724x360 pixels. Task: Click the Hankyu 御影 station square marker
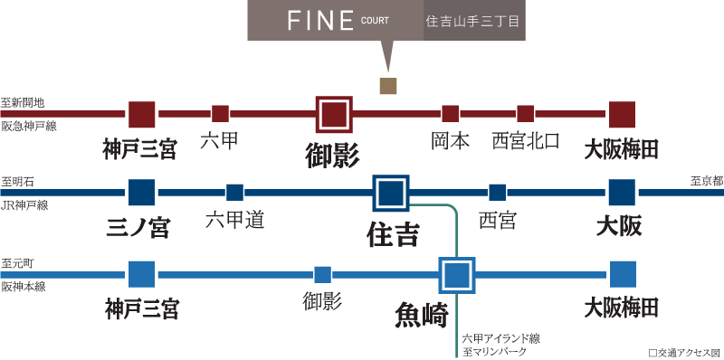[x=334, y=114]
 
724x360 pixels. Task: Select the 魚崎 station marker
[x=457, y=275]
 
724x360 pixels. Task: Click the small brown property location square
[x=388, y=86]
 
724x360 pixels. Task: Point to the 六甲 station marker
[x=221, y=114]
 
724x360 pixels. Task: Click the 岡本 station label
[x=450, y=141]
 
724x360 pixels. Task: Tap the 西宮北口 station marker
[x=526, y=114]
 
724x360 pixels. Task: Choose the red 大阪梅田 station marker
[x=622, y=114]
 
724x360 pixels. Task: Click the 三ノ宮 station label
[x=138, y=228]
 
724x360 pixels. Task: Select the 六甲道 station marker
[x=235, y=193]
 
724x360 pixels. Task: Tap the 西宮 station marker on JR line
[x=498, y=193]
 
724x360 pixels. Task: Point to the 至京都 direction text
[x=707, y=182]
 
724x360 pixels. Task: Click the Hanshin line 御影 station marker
[x=323, y=275]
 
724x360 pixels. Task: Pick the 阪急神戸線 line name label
[x=29, y=126]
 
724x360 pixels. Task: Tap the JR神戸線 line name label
[x=25, y=205]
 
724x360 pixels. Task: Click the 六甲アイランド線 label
[x=501, y=339]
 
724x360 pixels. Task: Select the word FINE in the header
[x=320, y=21]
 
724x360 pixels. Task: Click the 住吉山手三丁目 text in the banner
[x=473, y=21]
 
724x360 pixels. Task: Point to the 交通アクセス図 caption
[x=686, y=353]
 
